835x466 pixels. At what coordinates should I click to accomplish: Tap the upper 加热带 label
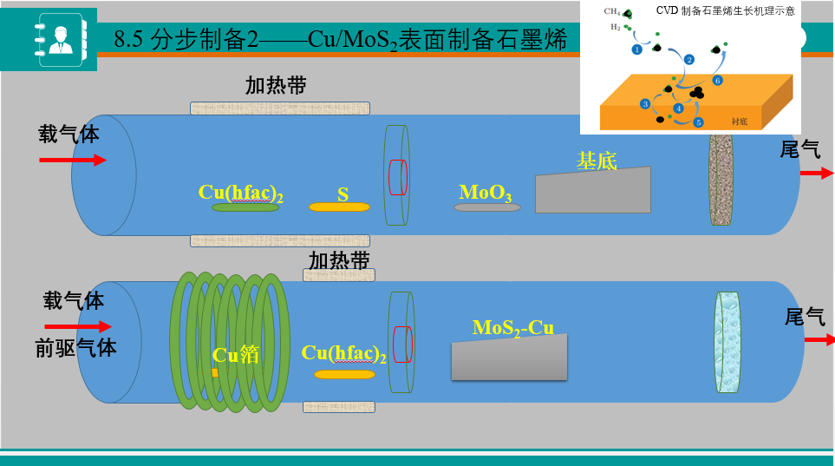[x=276, y=85]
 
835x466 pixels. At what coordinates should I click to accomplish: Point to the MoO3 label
[x=486, y=192]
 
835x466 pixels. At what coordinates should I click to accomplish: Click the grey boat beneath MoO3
[x=487, y=207]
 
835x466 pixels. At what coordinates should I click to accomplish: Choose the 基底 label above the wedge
[x=597, y=161]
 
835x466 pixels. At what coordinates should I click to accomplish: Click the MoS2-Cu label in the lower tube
[x=512, y=327]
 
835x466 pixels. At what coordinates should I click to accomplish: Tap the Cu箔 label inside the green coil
[x=236, y=354]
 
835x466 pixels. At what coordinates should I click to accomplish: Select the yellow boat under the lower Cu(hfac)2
[x=344, y=374]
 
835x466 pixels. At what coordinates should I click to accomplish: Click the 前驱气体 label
[x=75, y=347]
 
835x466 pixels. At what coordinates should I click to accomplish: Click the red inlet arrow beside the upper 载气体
[x=73, y=160]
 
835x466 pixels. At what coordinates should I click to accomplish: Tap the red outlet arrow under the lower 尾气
[x=819, y=339]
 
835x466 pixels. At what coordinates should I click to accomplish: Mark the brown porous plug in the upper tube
[x=721, y=178]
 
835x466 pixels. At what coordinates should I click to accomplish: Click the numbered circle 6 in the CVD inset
[x=717, y=81]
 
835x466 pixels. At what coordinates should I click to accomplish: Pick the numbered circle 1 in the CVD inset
[x=636, y=49]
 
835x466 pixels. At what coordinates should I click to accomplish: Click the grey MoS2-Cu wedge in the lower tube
[x=510, y=358]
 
